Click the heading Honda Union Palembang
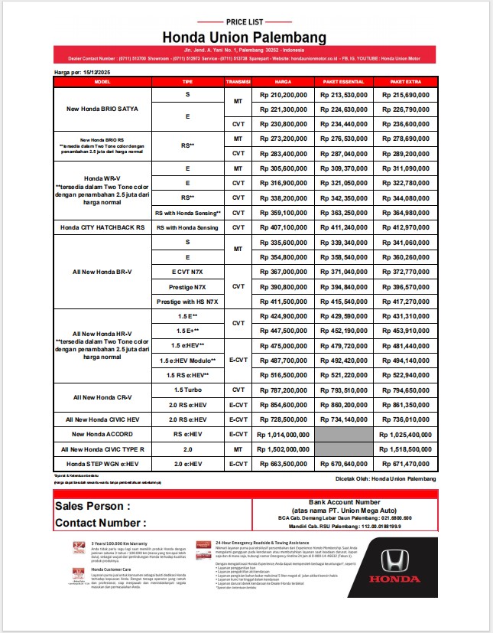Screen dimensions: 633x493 click(x=246, y=37)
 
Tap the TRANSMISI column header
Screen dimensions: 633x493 click(x=238, y=81)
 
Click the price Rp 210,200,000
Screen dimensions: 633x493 click(x=284, y=94)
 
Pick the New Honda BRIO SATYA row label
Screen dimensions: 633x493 click(x=103, y=109)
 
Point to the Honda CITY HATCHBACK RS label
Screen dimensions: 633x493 click(x=103, y=227)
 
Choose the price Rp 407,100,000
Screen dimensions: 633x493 click(x=284, y=227)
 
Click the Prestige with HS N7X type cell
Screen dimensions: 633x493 click(x=188, y=302)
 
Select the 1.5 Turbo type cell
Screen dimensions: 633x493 click(x=188, y=390)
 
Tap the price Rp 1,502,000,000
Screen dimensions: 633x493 click(x=284, y=449)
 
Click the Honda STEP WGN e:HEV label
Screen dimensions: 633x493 click(x=103, y=464)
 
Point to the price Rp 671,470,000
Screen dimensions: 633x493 click(x=404, y=464)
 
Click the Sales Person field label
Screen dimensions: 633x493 click(x=92, y=506)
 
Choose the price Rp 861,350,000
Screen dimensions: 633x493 click(x=404, y=405)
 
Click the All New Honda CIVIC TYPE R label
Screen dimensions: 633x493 click(x=103, y=449)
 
